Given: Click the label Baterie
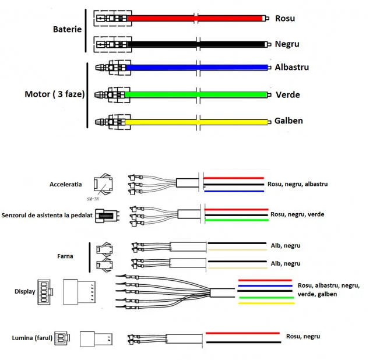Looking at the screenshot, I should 67,29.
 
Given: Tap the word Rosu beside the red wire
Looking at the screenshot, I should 284,18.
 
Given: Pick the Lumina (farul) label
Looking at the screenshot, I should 32,338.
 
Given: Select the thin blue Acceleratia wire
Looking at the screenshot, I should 233,191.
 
